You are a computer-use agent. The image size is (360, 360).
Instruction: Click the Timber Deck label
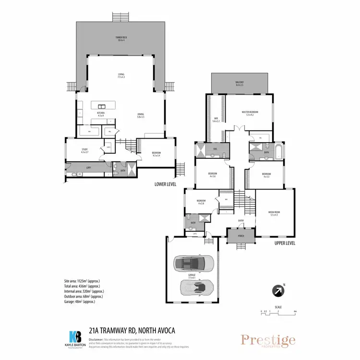tap(120, 38)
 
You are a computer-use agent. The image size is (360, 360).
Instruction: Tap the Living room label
tap(121, 75)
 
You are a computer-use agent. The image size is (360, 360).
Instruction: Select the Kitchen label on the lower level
tap(101, 115)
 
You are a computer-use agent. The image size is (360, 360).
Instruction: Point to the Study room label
tap(84, 151)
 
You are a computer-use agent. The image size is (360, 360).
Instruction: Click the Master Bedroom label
tap(250, 113)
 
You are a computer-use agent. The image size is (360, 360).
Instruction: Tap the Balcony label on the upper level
tap(239, 84)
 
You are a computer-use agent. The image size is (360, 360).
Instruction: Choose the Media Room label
tap(274, 214)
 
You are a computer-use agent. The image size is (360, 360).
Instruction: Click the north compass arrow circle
tap(278, 291)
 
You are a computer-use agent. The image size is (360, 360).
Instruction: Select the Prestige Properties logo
tap(268, 341)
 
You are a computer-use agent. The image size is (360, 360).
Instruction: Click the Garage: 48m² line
tap(79, 301)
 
